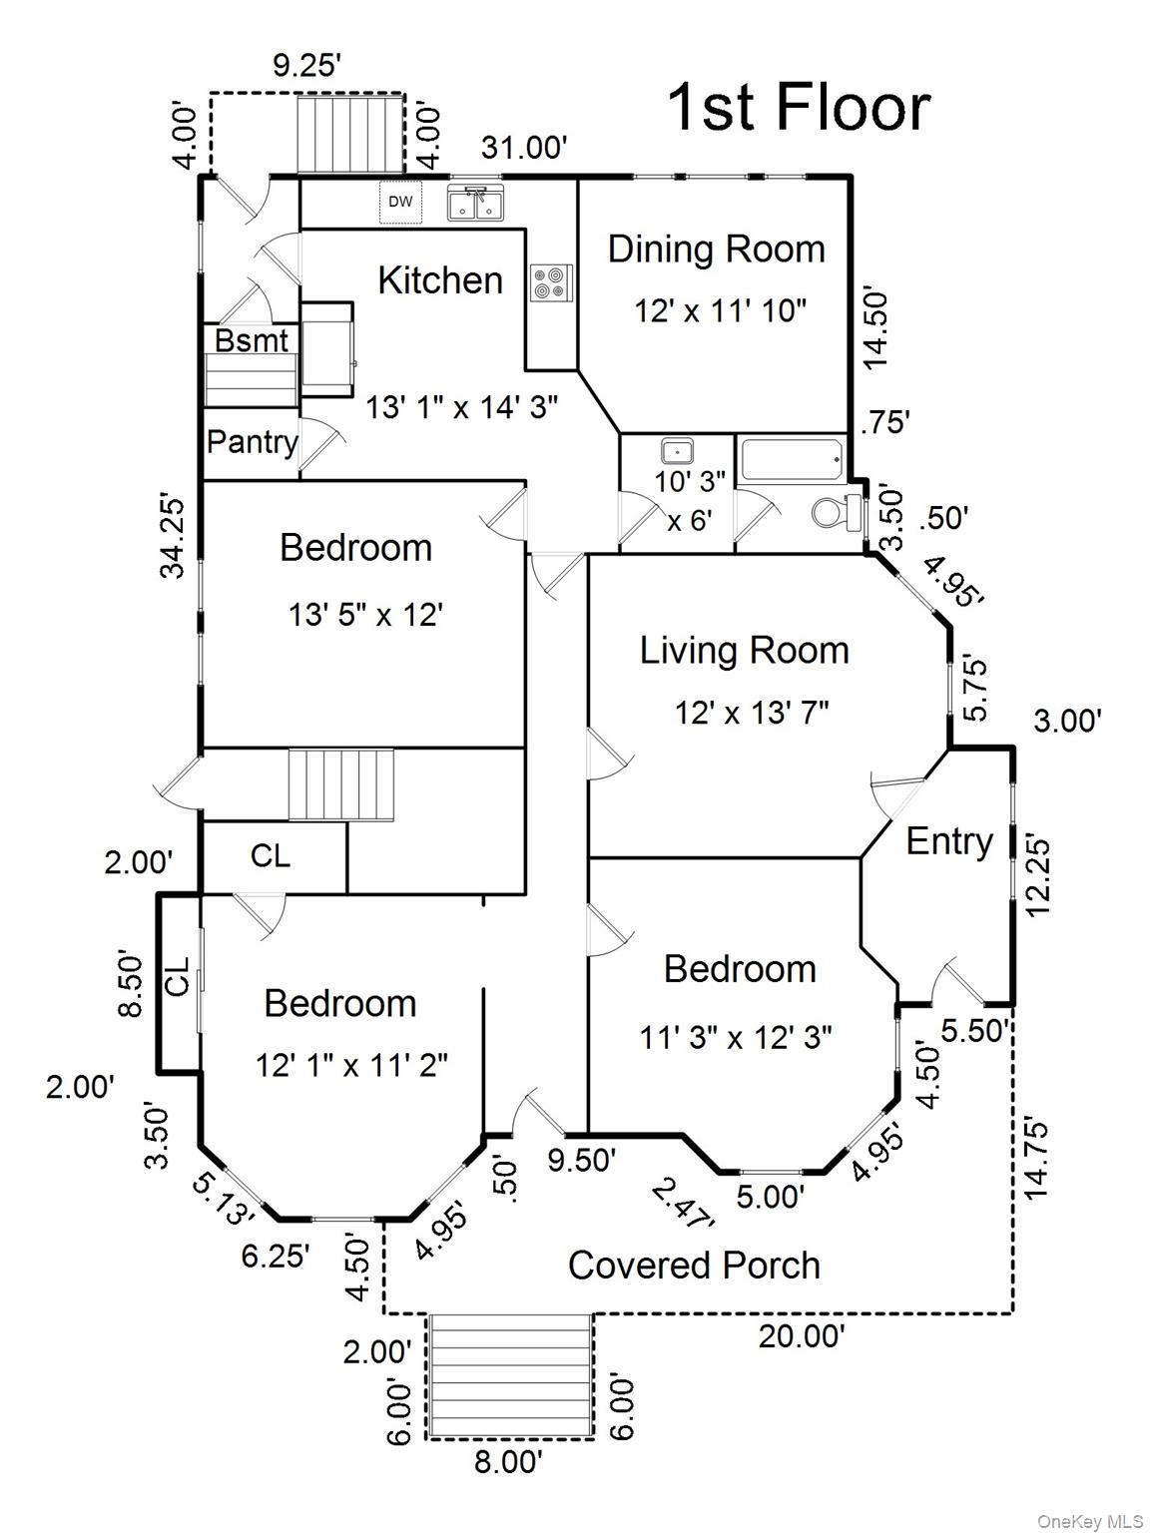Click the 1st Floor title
798,107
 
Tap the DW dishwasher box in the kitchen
400,203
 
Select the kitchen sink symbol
475,204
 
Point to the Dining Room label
716,249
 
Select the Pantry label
252,441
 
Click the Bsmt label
251,340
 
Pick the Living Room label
744,650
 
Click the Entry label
948,841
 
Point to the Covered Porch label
694,1265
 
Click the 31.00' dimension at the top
524,148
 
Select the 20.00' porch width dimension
802,1335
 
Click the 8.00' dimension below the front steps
508,1462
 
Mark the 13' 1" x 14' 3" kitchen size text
460,406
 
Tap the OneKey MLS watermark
1090,1521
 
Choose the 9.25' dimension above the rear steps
307,66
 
